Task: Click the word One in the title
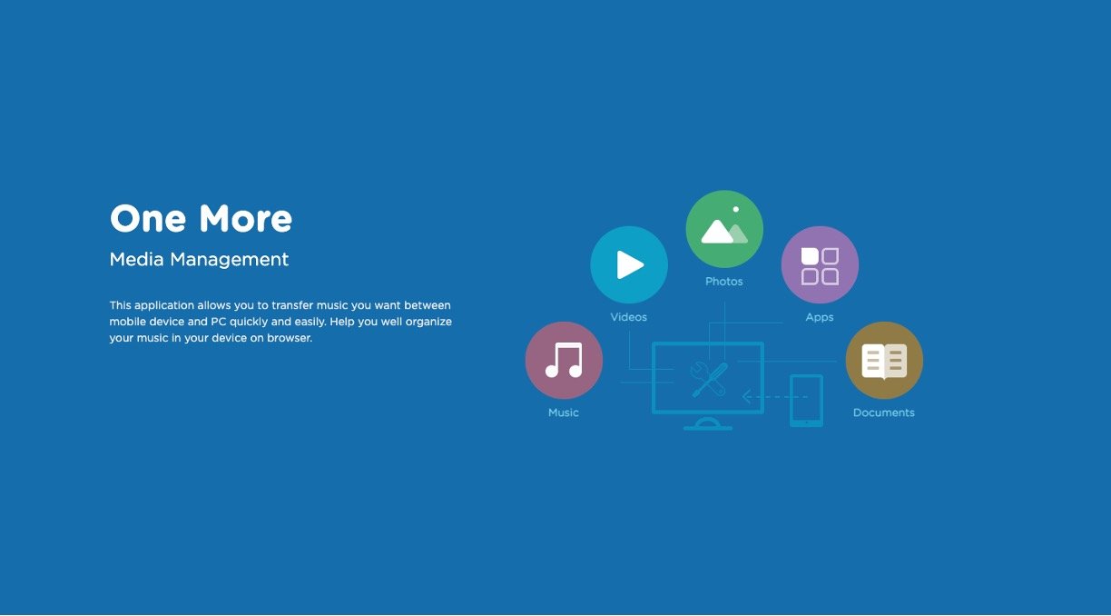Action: [x=148, y=218]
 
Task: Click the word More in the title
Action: [x=246, y=218]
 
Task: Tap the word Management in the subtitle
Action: [x=229, y=260]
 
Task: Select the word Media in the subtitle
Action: [x=136, y=259]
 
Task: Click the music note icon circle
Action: [x=564, y=361]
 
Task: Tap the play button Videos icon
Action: [x=629, y=264]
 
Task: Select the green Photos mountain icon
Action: [x=724, y=229]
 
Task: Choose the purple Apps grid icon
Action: [x=820, y=264]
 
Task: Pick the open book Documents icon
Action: [x=884, y=361]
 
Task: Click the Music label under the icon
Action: [x=564, y=412]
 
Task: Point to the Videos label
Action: [x=628, y=317]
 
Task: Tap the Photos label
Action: [x=724, y=282]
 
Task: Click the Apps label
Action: [x=820, y=318]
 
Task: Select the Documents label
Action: [x=884, y=412]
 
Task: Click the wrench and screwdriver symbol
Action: [x=709, y=380]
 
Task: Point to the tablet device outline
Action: [x=806, y=401]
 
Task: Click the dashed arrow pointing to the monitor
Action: [x=775, y=397]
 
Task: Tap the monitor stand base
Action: [x=708, y=425]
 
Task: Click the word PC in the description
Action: [x=218, y=322]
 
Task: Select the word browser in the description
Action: [x=290, y=338]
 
